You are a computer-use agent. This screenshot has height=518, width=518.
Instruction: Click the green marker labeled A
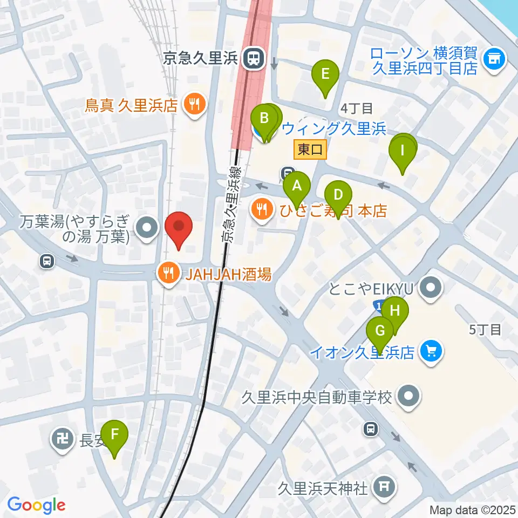[297, 186]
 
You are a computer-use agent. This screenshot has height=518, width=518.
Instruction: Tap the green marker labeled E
[325, 73]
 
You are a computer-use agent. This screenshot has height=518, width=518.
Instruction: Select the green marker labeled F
[114, 434]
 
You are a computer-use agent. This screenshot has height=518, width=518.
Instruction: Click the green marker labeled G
[380, 330]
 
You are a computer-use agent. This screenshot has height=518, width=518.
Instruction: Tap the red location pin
[178, 228]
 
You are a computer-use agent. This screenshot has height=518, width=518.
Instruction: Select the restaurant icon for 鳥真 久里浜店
[193, 103]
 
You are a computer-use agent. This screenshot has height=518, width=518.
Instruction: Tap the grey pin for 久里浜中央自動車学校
[408, 398]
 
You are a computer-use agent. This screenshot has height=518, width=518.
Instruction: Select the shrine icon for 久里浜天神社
[384, 488]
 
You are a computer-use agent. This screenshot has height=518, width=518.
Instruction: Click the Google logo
[37, 506]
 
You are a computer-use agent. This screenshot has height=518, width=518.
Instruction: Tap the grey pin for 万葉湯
[146, 229]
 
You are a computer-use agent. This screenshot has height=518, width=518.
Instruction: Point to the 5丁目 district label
[486, 329]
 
